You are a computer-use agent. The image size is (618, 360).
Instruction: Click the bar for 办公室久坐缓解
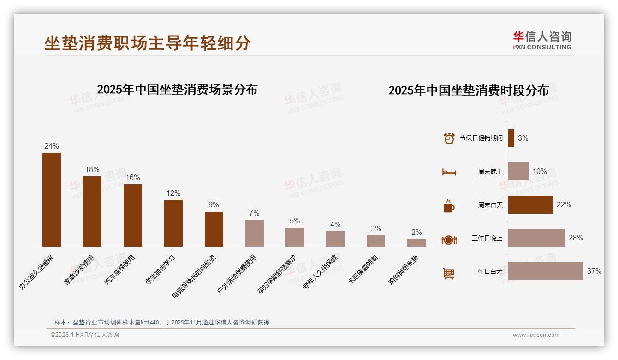pos(52,200)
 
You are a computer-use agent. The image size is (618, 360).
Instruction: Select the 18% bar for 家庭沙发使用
pos(92,211)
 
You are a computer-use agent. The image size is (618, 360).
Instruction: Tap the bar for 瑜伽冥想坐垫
pos(416,243)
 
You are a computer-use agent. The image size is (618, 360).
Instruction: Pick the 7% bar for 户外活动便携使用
pos(255,233)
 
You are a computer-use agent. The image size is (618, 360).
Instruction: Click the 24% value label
pos(52,146)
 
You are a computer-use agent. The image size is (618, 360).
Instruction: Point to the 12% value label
pos(173,193)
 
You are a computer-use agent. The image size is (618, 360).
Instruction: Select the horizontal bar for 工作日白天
pos(546,271)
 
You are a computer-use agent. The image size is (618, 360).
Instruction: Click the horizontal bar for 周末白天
pos(530,204)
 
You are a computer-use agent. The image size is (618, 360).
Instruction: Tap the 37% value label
pos(594,271)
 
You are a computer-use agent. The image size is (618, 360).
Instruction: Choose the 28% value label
pos(576,238)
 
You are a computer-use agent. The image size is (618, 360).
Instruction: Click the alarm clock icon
pos(449,138)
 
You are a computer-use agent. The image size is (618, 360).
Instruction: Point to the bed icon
pos(449,172)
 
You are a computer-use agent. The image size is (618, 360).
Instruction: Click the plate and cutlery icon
pos(449,240)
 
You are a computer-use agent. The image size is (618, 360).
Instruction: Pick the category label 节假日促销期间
pos(481,138)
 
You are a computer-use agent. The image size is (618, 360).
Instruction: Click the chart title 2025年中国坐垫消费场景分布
pos(177,89)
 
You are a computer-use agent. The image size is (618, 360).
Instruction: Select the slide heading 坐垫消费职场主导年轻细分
pos(148,43)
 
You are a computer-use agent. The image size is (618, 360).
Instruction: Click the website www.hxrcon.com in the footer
pos(536,335)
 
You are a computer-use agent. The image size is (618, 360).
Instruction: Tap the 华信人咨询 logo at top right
pos(542,40)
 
